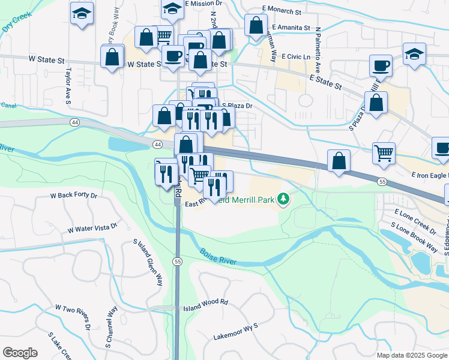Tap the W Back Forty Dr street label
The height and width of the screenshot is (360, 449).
tap(74, 196)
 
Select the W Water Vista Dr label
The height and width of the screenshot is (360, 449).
tap(93, 228)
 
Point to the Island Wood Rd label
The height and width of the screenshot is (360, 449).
tap(206, 302)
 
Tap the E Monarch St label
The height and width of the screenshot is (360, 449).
tap(282, 11)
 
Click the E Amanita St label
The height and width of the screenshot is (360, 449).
tap(291, 28)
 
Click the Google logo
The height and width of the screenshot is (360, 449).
tap(20, 353)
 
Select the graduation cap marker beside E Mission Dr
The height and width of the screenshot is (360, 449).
tap(172, 10)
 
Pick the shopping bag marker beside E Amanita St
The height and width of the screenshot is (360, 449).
tap(256, 26)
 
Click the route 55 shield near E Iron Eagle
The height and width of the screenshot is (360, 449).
tap(382, 181)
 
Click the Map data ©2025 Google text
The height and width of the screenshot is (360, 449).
tap(411, 355)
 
